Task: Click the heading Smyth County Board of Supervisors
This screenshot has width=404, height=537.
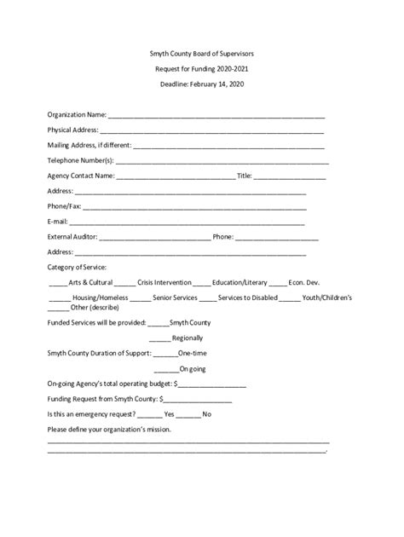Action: pos(202,53)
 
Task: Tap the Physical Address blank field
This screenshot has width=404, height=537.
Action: pos(212,131)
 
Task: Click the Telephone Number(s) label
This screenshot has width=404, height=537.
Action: pos(80,160)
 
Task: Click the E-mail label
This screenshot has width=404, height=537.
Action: pos(59,222)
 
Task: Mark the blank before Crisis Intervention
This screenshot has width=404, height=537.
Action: pos(124,283)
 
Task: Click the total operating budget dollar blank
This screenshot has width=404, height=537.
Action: pos(210,385)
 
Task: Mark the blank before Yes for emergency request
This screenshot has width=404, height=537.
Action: pos(148,415)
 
